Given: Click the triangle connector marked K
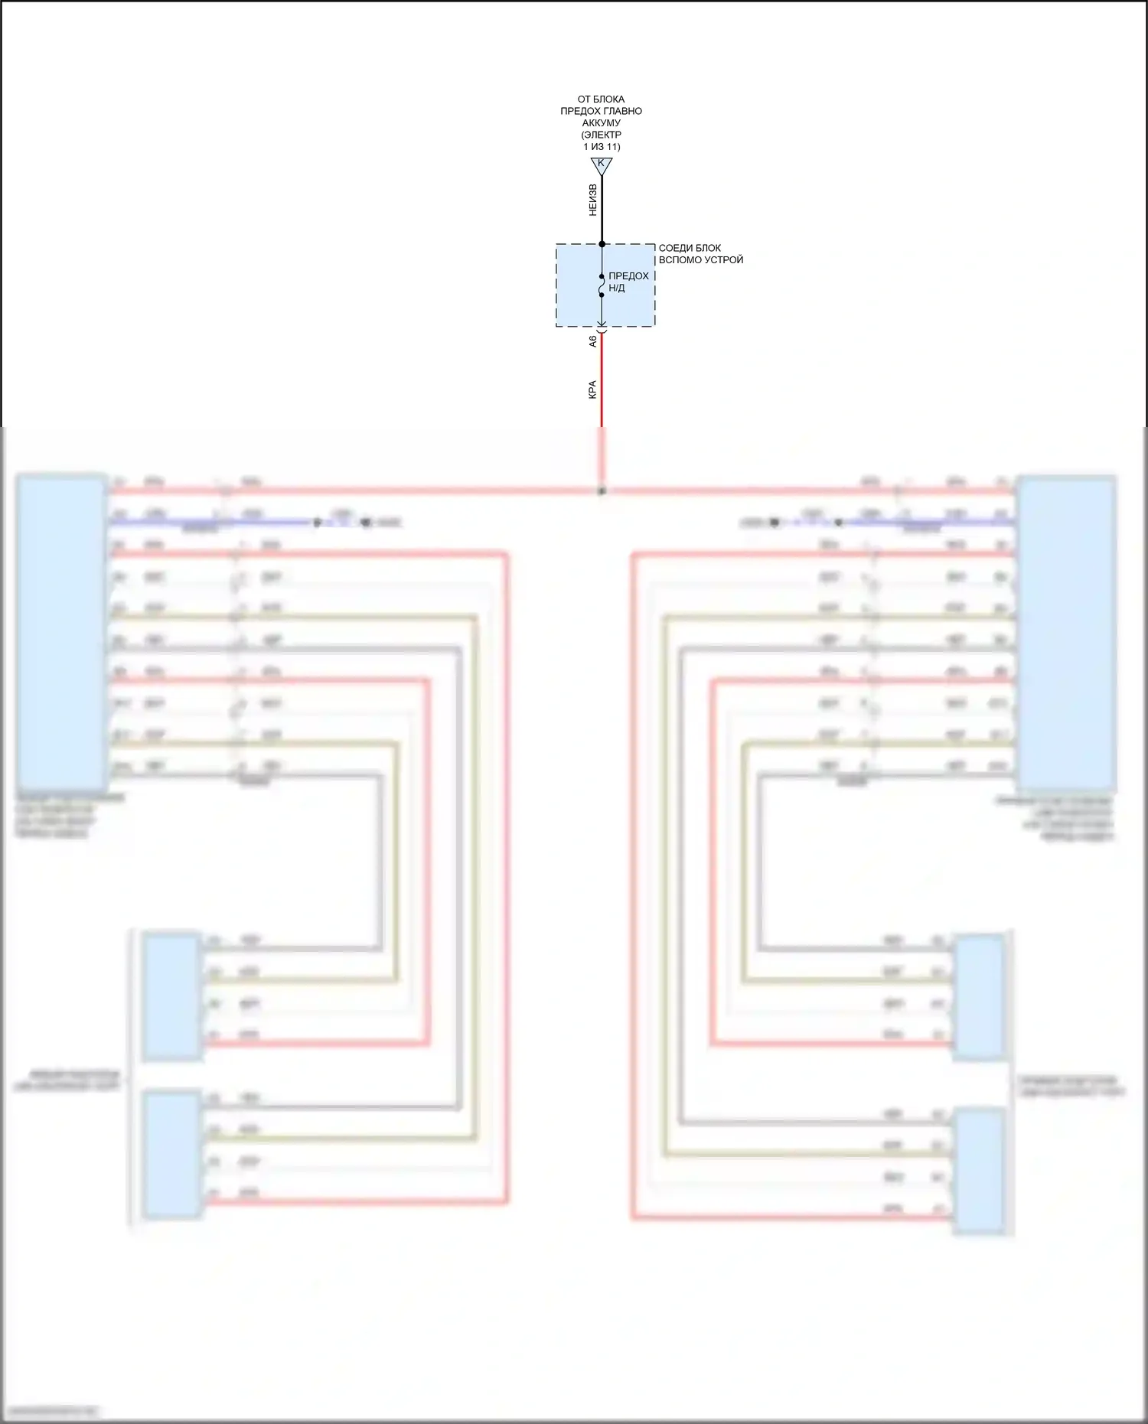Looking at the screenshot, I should (602, 165).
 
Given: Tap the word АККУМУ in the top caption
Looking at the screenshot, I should (601, 122).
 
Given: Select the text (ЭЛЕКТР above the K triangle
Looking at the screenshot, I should (601, 135).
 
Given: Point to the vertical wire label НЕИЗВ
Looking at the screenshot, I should (592, 200).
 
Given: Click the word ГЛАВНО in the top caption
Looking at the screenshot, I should (624, 111).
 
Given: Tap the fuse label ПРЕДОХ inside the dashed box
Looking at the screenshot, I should (628, 276).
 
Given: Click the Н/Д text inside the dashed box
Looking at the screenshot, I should (617, 288).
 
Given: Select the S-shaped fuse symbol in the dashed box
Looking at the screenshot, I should (602, 286).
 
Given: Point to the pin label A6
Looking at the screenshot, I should (592, 341).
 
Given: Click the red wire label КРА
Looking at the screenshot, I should (592, 389).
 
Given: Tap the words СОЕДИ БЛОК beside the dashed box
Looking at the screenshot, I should (690, 248).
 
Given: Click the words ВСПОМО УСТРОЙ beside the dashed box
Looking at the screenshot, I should (700, 260).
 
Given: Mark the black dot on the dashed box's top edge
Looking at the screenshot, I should (602, 244).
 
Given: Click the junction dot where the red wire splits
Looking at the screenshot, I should (602, 491).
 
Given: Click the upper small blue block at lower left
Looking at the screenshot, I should (172, 996).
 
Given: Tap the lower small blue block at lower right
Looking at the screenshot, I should (978, 1170).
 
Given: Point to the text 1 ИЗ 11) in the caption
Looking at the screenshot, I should (602, 147).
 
